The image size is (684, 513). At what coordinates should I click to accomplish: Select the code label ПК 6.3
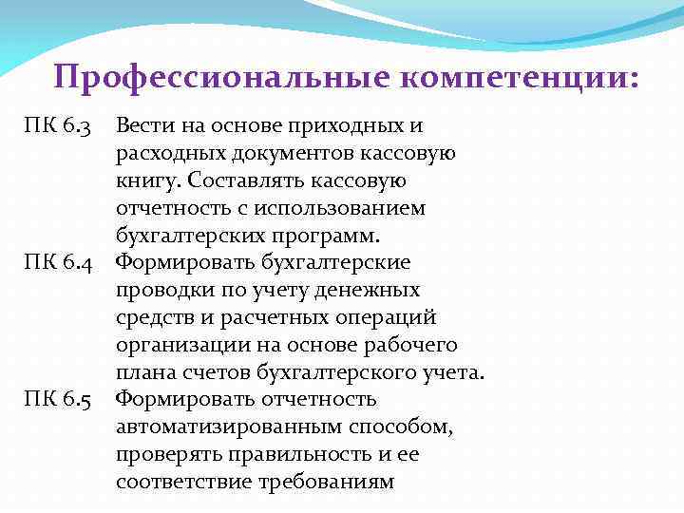57,126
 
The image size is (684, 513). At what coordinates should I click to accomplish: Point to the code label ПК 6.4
57,261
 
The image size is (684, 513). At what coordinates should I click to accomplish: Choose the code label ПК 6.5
57,398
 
